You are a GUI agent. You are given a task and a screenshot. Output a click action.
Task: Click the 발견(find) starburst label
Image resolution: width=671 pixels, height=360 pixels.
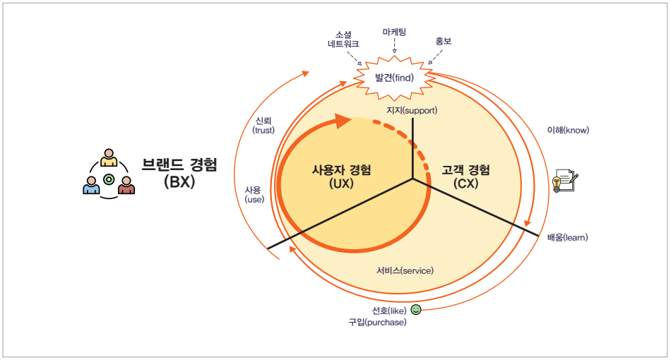[394, 78]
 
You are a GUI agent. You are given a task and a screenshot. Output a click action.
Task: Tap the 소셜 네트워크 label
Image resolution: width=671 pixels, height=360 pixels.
[343, 38]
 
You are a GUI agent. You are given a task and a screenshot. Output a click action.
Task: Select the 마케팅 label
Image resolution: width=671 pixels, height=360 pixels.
[394, 32]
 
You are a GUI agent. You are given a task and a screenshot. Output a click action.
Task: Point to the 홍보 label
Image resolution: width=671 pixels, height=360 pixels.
[444, 41]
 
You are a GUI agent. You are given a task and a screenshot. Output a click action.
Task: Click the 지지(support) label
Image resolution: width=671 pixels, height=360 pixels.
[412, 110]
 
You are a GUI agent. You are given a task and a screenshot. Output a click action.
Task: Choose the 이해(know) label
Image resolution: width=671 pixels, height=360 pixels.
[568, 130]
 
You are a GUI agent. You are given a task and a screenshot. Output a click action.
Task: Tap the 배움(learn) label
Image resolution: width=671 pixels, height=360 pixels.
[567, 237]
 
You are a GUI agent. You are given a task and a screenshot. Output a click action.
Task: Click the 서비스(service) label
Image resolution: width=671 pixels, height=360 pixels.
[405, 270]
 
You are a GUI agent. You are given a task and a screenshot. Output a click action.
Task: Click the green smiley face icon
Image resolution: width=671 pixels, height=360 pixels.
[416, 309]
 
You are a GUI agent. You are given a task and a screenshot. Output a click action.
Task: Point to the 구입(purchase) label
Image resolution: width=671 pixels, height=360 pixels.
[377, 323]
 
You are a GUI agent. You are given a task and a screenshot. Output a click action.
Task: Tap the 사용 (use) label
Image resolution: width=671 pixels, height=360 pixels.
[254, 194]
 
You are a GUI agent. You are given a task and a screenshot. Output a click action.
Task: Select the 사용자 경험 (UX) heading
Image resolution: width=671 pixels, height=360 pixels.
[341, 176]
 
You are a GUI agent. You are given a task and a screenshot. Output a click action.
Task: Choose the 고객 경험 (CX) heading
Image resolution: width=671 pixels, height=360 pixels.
[466, 176]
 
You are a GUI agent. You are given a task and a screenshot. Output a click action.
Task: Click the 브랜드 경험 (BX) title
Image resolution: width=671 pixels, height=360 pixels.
[179, 172]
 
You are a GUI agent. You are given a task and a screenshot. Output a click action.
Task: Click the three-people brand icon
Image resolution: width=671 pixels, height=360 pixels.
[109, 173]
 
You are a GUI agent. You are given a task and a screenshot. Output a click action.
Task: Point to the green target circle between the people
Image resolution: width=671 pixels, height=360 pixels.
[109, 179]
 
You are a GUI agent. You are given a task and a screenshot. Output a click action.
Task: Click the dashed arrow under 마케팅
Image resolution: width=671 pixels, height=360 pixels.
[394, 46]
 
